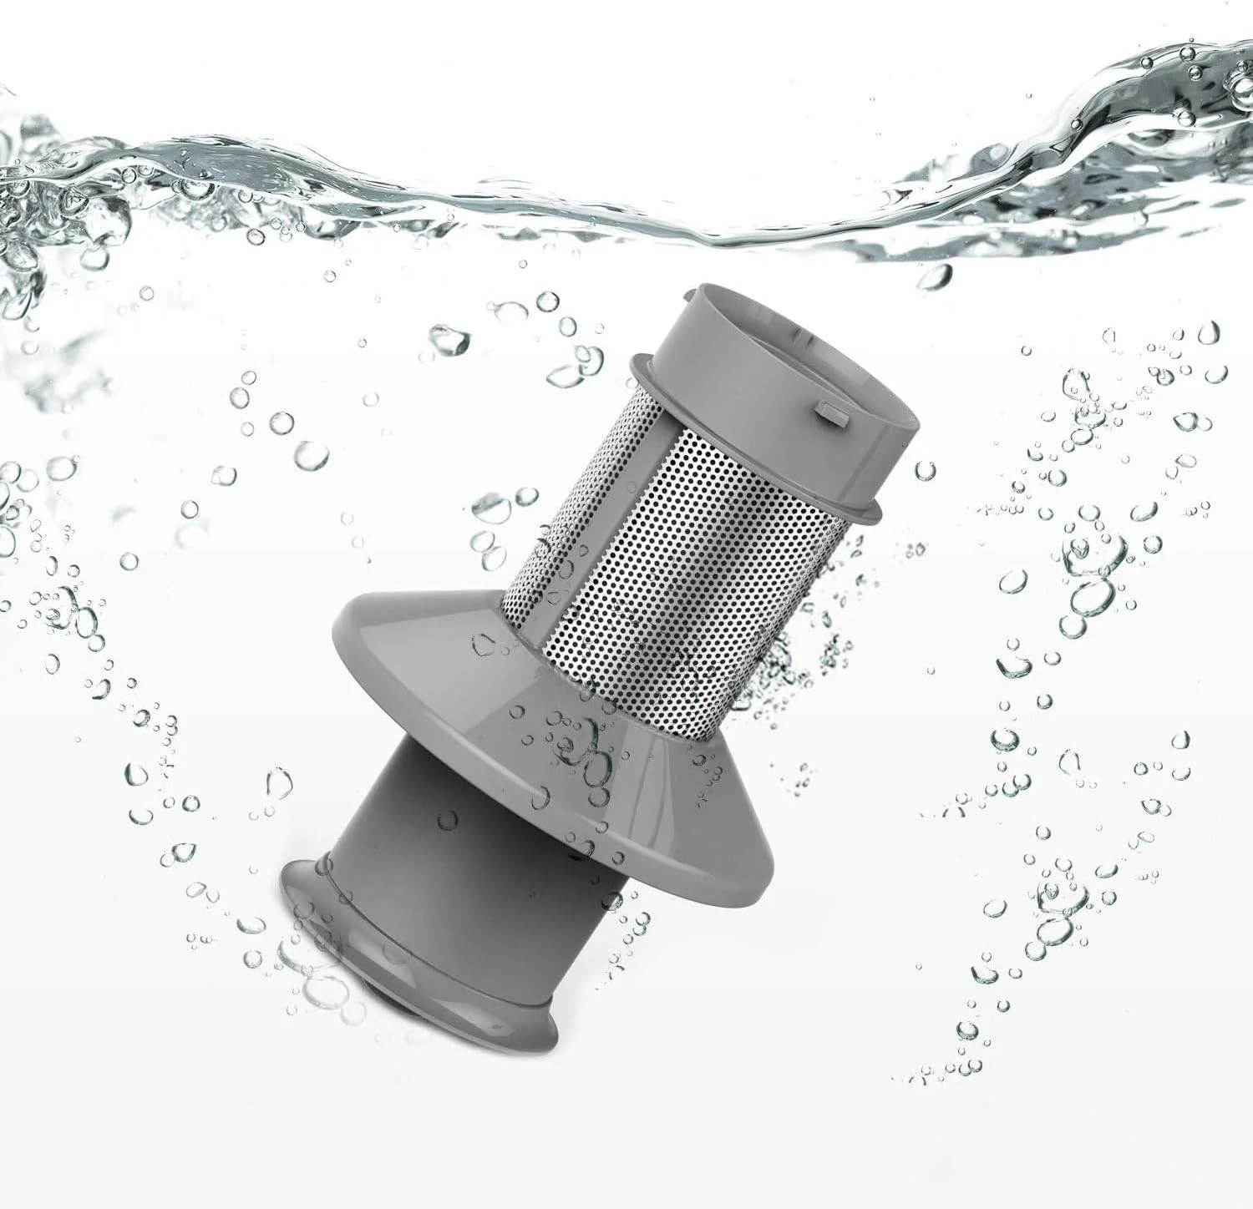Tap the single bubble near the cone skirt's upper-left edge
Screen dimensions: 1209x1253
(485, 644)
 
